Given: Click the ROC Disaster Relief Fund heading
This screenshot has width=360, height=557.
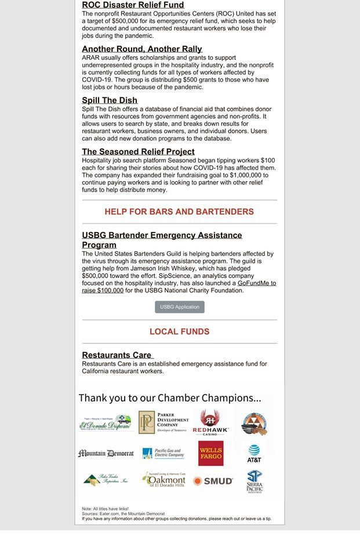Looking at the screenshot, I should click(133, 5).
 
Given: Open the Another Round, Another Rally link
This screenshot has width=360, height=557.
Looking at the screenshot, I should click(142, 49).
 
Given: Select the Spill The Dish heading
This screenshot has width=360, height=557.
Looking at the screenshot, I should click(110, 100).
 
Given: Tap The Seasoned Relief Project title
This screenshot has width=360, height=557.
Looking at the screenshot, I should click(138, 152).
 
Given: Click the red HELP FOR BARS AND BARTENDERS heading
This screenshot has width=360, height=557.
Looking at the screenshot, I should click(179, 212).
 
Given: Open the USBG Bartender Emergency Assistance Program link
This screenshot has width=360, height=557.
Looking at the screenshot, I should click(162, 240).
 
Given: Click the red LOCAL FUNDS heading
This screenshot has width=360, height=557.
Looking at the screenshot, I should click(179, 332).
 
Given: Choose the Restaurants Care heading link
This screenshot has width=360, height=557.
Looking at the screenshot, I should click(117, 355).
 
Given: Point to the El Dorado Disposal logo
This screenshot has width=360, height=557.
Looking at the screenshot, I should click(106, 423).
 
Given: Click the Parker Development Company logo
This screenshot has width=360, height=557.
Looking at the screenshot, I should click(163, 423).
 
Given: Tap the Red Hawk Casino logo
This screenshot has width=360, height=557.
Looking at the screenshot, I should click(210, 423).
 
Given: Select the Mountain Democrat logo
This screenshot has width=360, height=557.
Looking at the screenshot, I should click(106, 454).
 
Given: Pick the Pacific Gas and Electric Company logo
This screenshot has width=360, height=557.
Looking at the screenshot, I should click(163, 454).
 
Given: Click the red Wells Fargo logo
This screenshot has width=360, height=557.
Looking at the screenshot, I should click(210, 454).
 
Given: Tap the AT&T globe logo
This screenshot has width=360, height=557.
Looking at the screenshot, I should click(254, 453).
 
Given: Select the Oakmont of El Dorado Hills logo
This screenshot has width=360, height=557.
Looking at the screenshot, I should click(163, 480).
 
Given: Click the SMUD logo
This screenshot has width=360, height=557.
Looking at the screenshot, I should click(213, 481).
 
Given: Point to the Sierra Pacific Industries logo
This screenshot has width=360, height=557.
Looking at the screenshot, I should click(254, 482).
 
